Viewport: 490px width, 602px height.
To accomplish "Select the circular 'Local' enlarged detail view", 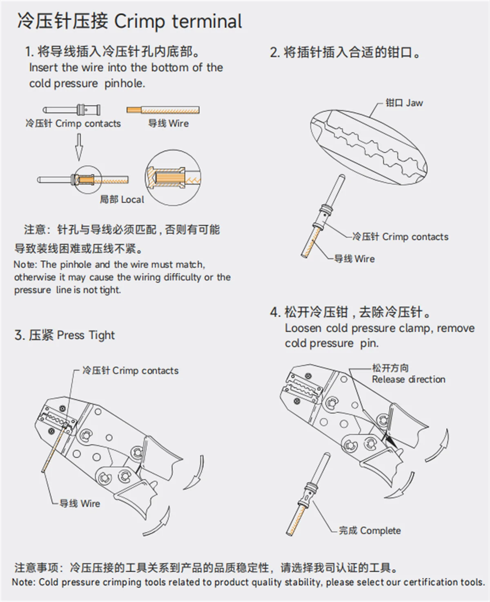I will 173,177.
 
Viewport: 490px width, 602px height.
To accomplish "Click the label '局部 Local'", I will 122,199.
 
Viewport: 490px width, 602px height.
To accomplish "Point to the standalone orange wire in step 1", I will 163,110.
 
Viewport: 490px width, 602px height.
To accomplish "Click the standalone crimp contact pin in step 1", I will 72,110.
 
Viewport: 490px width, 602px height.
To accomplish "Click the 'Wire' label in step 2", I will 354,259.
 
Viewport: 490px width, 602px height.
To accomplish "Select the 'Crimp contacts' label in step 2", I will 400,237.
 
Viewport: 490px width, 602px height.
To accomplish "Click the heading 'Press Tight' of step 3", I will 86,335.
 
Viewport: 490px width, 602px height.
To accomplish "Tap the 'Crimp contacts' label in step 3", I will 131,371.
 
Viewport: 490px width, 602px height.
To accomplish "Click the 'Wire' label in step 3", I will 80,504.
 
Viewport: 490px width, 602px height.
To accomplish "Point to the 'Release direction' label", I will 408,379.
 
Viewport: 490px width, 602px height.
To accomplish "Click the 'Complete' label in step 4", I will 370,530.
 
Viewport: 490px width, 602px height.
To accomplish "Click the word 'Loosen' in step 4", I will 303,328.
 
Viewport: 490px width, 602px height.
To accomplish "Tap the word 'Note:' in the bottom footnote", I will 24,582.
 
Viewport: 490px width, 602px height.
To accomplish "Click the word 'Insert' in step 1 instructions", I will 44,67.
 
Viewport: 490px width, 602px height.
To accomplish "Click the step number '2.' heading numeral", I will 275,53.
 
